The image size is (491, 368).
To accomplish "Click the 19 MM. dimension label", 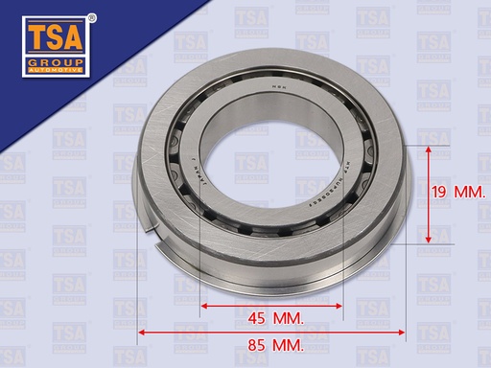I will pos(456,193).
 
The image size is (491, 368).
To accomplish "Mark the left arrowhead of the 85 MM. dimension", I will pos(143,332).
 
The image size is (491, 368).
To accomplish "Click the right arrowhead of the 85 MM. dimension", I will pos(404,332).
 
